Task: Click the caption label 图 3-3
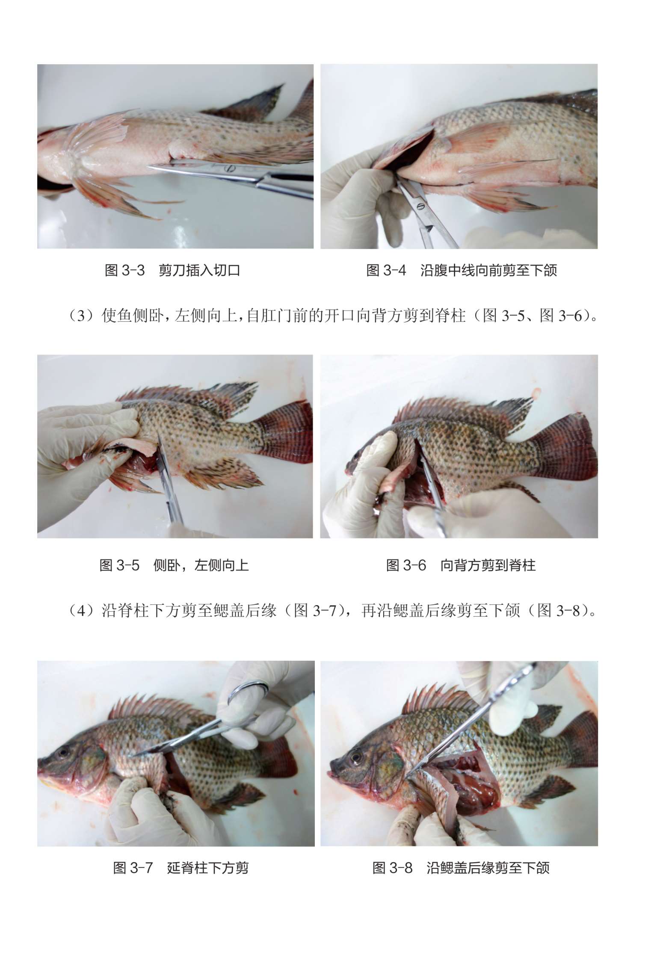(125, 270)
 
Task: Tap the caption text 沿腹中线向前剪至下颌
(488, 270)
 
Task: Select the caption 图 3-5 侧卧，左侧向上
(174, 565)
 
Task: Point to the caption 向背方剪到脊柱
(488, 565)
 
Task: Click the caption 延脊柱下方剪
(208, 868)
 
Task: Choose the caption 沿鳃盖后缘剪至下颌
(488, 868)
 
